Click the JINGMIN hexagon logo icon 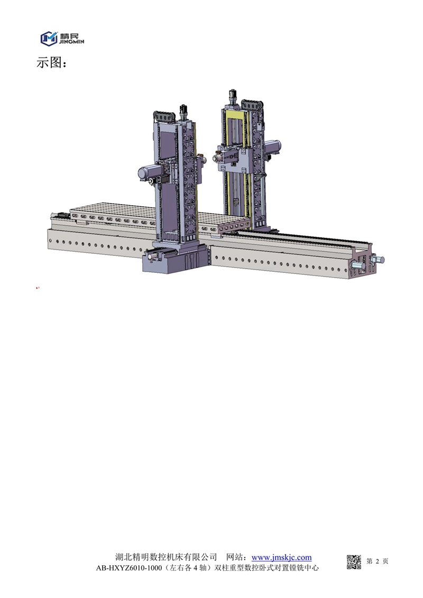tap(49, 39)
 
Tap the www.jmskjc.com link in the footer tap(281, 557)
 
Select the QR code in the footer tap(354, 562)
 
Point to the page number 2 tap(378, 561)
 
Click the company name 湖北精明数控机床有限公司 tap(166, 557)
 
